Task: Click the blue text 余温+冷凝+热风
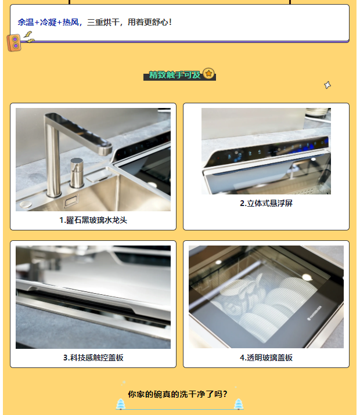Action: [48, 22]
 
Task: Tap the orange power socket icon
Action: [14, 42]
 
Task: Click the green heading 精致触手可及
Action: [175, 75]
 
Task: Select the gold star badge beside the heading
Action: [208, 73]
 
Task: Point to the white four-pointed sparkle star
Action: [327, 85]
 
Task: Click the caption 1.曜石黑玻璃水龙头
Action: [93, 220]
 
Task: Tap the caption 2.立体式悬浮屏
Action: [266, 203]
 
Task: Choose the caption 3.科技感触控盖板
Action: [93, 358]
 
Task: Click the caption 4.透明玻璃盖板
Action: [266, 358]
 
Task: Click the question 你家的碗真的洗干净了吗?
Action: [178, 394]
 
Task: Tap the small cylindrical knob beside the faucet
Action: [77, 172]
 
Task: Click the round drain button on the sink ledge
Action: [26, 204]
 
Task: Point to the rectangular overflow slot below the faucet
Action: [71, 201]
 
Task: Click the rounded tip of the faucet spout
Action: [105, 150]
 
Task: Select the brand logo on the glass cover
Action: [315, 313]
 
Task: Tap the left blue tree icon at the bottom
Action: [121, 404]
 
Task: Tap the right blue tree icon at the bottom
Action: [239, 404]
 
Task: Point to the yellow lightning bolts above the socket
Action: [28, 37]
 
